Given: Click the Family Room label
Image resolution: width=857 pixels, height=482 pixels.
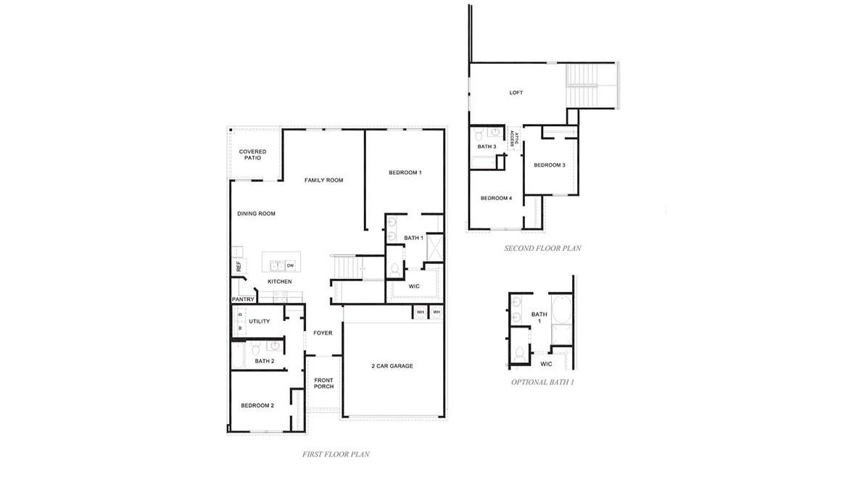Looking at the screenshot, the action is pyautogui.click(x=323, y=180).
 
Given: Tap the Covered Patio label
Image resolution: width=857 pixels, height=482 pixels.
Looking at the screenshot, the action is pyautogui.click(x=252, y=154).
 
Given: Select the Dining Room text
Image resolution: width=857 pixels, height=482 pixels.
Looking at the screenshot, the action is pyautogui.click(x=257, y=214).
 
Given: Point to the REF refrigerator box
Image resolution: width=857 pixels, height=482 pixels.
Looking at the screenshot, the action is pyautogui.click(x=239, y=266).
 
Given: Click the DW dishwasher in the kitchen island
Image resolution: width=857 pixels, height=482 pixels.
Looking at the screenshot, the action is pyautogui.click(x=290, y=265).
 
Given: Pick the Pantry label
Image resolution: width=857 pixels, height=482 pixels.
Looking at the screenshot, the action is pyautogui.click(x=243, y=299).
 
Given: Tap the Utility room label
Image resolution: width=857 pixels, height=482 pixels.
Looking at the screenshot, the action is pyautogui.click(x=260, y=321).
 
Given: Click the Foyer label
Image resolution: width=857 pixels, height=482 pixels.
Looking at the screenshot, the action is pyautogui.click(x=323, y=333).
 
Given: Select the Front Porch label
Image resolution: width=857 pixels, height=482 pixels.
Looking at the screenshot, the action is pyautogui.click(x=323, y=383).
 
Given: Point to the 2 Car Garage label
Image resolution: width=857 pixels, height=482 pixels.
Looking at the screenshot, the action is pyautogui.click(x=392, y=366).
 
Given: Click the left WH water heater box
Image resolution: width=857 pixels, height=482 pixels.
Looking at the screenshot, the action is pyautogui.click(x=421, y=312).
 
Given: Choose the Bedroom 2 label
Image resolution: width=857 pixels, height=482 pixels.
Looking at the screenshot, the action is pyautogui.click(x=257, y=405).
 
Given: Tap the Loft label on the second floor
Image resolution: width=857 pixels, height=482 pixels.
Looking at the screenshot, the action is pyautogui.click(x=516, y=93).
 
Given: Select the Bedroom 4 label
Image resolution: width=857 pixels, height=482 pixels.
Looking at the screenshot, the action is pyautogui.click(x=496, y=199).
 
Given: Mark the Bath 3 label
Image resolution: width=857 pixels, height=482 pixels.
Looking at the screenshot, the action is pyautogui.click(x=487, y=146).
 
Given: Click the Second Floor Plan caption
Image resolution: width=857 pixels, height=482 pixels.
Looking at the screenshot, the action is pyautogui.click(x=543, y=248).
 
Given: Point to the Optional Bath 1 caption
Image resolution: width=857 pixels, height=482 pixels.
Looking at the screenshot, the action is pyautogui.click(x=543, y=382).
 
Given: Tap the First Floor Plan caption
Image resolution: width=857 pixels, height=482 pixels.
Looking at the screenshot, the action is pyautogui.click(x=336, y=454).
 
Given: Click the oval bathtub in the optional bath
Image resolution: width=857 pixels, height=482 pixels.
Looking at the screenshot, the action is pyautogui.click(x=561, y=310).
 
